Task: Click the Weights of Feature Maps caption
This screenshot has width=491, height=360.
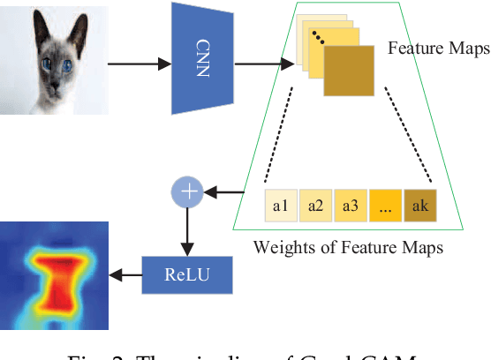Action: click(x=348, y=246)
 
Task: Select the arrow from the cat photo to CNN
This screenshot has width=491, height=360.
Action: click(x=140, y=64)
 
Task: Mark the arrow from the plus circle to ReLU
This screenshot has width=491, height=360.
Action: click(x=186, y=230)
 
